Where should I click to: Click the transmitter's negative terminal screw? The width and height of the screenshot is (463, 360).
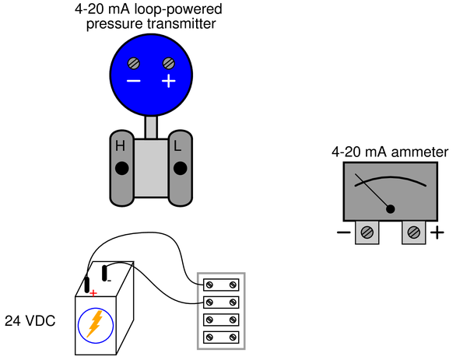point(134,64)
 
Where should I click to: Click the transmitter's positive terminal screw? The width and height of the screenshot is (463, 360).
point(169,64)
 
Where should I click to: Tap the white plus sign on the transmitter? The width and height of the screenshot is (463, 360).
point(169,81)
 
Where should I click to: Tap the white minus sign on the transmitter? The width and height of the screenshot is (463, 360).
point(134,81)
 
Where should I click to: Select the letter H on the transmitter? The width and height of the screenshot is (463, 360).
point(120,146)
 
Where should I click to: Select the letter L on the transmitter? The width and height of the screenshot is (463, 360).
point(177,146)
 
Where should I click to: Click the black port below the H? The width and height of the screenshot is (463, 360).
point(121,169)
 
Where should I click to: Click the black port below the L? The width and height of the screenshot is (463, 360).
point(180,169)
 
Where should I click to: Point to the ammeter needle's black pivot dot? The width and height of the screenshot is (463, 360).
point(391,209)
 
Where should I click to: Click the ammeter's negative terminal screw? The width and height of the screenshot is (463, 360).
point(367,232)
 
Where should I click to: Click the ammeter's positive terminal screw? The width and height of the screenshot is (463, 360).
point(414,232)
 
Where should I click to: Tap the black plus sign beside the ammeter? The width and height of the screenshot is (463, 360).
point(437,232)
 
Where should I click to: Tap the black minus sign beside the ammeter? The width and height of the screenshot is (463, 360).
point(344,232)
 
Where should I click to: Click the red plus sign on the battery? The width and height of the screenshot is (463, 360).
point(93,293)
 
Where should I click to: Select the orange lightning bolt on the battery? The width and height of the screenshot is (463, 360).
point(95,324)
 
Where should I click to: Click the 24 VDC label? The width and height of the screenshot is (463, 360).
point(30,321)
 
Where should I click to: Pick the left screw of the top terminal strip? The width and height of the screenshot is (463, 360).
point(209,285)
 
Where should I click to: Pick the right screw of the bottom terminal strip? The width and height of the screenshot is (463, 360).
point(233,337)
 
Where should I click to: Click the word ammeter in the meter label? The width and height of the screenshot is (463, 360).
point(419,152)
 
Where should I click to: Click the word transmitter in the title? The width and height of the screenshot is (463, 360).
point(181,23)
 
